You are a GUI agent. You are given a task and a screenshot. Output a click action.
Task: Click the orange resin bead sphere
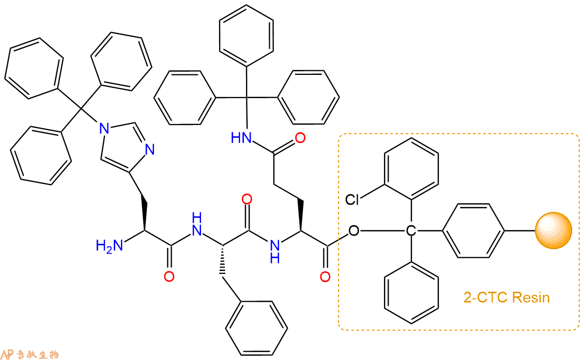(553, 230)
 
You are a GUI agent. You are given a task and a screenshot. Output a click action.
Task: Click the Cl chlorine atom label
(352, 199)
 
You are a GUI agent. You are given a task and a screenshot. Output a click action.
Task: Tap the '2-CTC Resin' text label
(506, 298)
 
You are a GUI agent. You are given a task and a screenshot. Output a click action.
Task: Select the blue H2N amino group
(109, 246)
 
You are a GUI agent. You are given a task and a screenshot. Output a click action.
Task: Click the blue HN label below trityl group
(241, 138)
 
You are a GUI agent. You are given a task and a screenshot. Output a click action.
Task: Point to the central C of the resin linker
(411, 231)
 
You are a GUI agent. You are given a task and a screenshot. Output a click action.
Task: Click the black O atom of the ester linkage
(353, 231)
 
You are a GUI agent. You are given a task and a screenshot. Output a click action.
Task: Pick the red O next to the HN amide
(300, 138)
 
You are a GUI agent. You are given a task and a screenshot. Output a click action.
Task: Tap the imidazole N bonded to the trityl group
(104, 129)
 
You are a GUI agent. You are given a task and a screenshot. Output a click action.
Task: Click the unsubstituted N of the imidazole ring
(149, 150)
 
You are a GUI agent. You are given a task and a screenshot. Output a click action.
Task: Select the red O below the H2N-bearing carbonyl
(169, 276)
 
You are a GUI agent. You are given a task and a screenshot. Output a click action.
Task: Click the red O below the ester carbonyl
(325, 276)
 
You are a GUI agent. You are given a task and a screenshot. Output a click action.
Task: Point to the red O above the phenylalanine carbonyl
(247, 199)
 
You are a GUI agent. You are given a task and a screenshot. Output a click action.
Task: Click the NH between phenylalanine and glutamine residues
(275, 251)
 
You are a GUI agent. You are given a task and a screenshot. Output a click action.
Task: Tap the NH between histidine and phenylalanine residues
(196, 225)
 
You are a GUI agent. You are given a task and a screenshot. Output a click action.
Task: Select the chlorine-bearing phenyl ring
(411, 168)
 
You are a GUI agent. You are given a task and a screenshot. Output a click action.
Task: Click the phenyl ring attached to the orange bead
(473, 230)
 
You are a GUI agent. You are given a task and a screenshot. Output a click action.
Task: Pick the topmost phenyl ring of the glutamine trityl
(246, 36)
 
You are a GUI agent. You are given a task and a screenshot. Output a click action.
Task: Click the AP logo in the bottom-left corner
(7, 354)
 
